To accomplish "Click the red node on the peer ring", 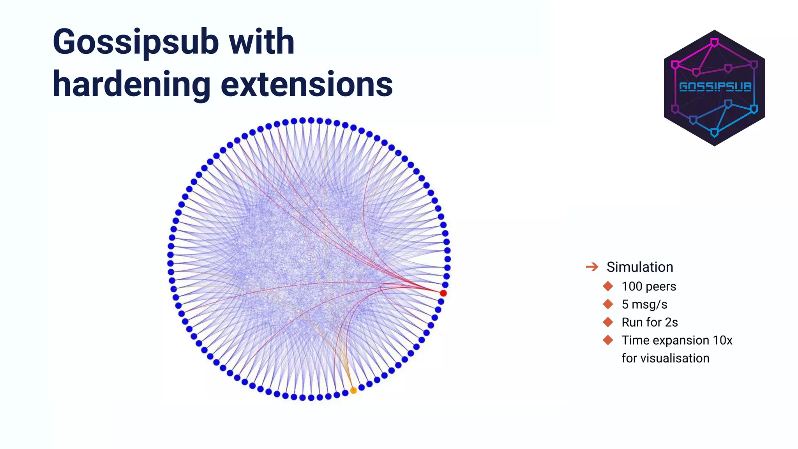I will [443, 293].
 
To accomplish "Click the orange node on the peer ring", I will [353, 390].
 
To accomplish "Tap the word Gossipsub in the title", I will [135, 42].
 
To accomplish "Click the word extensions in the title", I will [307, 85].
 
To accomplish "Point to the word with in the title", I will [261, 42].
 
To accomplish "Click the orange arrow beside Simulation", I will [592, 267].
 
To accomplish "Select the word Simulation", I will [640, 267].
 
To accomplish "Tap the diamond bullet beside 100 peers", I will [608, 286].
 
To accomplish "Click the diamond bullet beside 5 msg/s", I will [608, 304].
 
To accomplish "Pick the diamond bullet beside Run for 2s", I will [608, 322].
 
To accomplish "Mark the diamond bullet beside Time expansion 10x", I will [608, 340].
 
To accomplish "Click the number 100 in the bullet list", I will [632, 286].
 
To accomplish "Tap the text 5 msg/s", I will [644, 304].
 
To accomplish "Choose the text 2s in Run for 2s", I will [671, 322].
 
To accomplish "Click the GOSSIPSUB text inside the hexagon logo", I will [715, 87].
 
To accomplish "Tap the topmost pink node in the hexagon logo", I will [715, 42].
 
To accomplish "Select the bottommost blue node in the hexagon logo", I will [715, 133].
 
